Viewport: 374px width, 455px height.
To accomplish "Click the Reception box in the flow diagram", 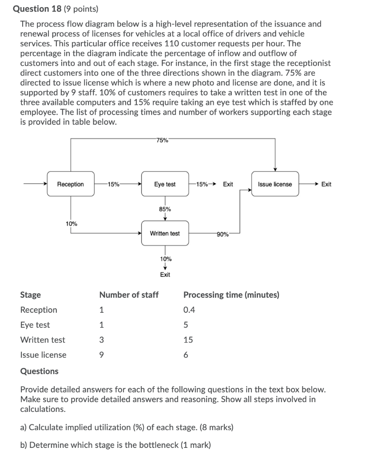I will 71,184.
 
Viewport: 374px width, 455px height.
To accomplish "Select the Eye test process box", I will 165,184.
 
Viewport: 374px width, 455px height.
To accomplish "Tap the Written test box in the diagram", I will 165,233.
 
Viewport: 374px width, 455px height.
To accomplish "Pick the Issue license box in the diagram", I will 275,184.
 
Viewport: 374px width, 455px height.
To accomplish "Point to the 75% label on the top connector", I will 163,140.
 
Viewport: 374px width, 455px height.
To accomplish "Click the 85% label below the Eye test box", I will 165,209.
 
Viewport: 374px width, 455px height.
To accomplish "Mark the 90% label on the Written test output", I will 223,234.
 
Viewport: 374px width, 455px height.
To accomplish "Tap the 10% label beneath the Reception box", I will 72,224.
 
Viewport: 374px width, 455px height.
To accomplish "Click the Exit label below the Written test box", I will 165,275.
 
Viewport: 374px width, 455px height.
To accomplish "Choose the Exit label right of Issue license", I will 326,184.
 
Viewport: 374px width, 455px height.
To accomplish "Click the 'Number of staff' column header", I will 129,295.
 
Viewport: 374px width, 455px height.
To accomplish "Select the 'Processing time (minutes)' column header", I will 231,295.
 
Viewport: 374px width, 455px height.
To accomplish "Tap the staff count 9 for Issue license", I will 102,355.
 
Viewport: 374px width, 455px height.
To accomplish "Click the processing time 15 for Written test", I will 188,340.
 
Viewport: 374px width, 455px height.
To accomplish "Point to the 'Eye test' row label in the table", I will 35,325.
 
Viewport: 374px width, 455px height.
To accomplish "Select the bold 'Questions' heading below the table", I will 39,371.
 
